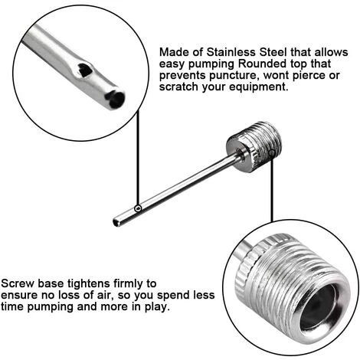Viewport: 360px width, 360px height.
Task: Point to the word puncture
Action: point(234,76)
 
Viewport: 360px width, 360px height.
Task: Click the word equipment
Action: point(259,87)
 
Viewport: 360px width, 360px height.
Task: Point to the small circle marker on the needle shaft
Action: point(138,208)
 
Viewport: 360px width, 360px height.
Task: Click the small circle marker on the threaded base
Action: point(273,153)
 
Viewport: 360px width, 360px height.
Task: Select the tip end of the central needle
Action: point(116,223)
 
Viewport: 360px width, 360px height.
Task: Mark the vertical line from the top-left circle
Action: point(138,158)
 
